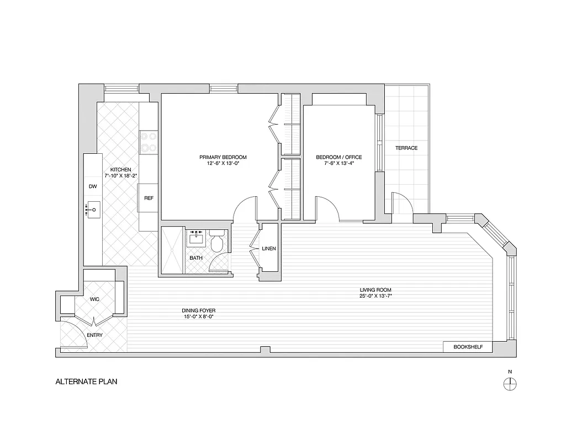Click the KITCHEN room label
(120, 169)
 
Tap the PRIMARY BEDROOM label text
(223, 157)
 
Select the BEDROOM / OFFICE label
(338, 157)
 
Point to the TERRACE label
(406, 148)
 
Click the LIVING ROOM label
(375, 290)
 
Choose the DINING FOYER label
(198, 310)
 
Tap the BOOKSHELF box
(468, 347)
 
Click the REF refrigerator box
(149, 198)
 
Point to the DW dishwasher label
(93, 187)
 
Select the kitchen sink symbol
(93, 209)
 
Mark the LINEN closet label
(269, 249)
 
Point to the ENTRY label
(94, 335)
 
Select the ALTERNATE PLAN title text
(86, 381)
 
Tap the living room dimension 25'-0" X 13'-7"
(375, 297)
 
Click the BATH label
(196, 257)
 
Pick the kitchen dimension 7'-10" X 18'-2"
(120, 175)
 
